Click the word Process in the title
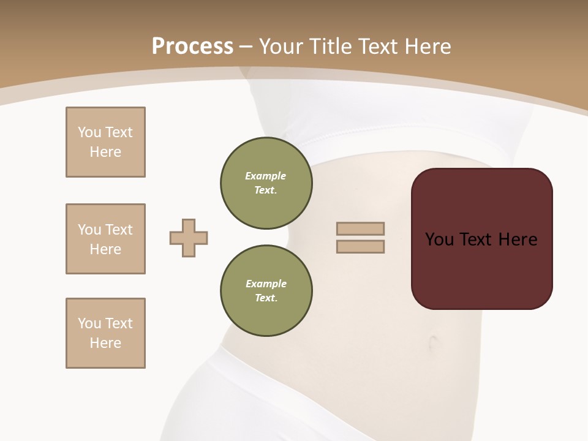tap(192, 47)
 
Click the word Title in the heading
tap(330, 47)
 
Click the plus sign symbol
tap(189, 238)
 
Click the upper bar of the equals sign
tap(360, 228)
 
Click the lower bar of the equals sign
tap(360, 246)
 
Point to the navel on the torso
tap(434, 341)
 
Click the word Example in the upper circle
tap(266, 176)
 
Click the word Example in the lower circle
tap(266, 284)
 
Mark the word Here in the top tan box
tap(105, 152)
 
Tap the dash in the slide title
tap(246, 47)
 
